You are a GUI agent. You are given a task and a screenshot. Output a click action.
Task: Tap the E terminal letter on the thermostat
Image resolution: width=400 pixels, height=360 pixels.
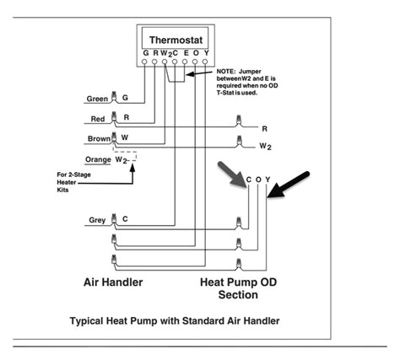click(x=185, y=53)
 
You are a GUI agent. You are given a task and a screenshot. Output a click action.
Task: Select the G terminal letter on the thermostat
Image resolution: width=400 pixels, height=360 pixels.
click(x=145, y=53)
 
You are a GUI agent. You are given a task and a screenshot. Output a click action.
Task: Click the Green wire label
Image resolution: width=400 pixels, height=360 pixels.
click(x=96, y=99)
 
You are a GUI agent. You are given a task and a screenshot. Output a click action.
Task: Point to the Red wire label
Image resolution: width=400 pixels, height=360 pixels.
click(x=99, y=119)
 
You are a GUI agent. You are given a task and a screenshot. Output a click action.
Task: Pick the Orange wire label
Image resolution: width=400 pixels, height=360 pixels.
click(x=96, y=159)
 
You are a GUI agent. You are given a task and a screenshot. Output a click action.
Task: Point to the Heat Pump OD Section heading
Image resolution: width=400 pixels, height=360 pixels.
click(x=239, y=287)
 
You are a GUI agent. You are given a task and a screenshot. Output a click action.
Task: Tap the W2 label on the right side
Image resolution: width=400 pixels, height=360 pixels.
click(x=265, y=147)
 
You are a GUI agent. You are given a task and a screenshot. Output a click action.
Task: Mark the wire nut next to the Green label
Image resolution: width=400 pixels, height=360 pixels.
click(x=115, y=99)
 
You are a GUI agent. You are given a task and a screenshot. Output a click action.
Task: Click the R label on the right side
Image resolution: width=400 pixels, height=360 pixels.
click(x=264, y=129)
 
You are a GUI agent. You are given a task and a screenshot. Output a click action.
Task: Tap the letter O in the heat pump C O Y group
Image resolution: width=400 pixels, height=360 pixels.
click(x=257, y=179)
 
